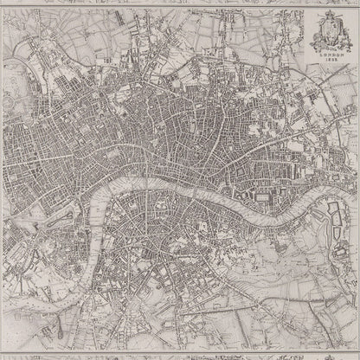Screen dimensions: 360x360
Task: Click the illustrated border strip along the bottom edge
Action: pos(180,355)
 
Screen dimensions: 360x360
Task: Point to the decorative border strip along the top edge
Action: pos(180,3)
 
